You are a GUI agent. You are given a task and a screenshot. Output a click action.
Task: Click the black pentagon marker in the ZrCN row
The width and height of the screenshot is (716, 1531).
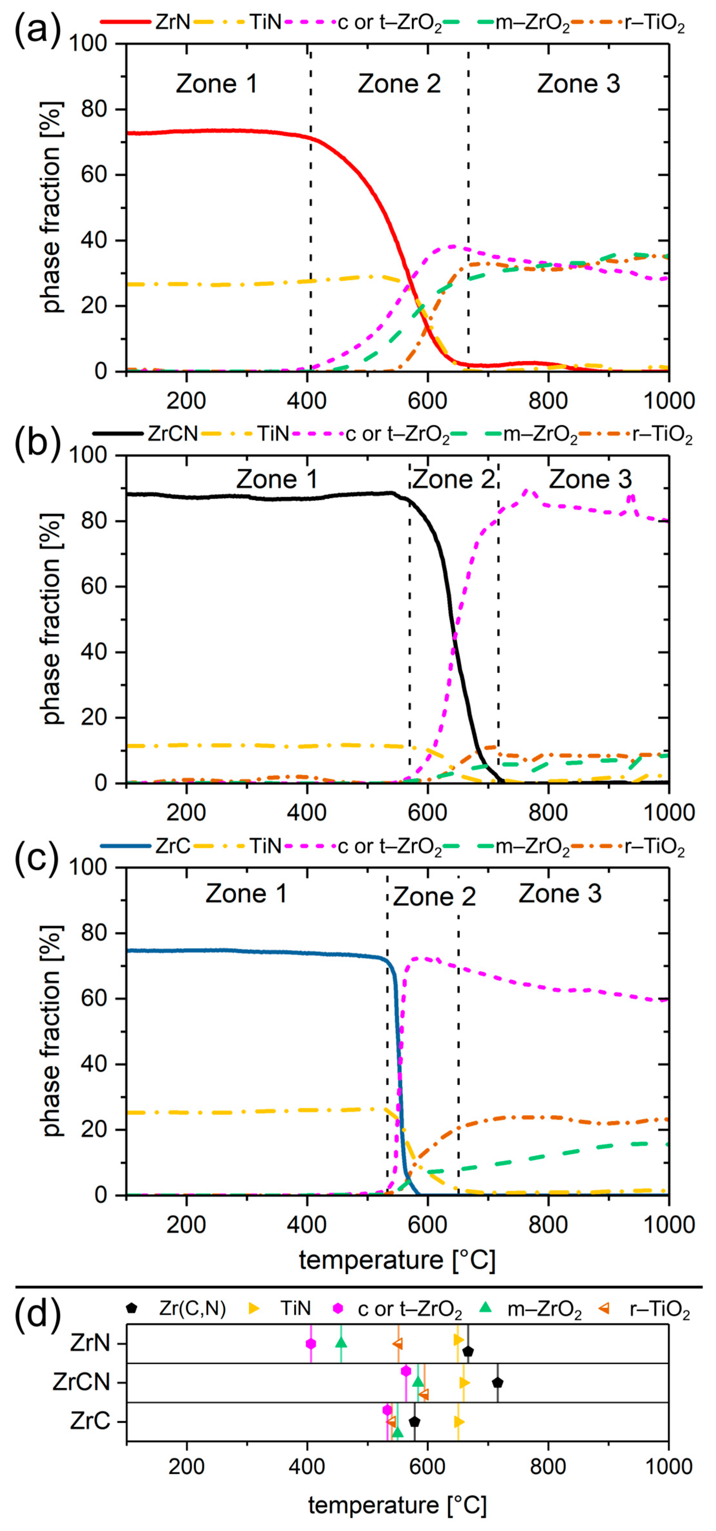coord(497,1383)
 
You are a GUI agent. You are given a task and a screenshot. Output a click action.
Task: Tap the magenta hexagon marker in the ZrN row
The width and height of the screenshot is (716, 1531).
coord(311,1344)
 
